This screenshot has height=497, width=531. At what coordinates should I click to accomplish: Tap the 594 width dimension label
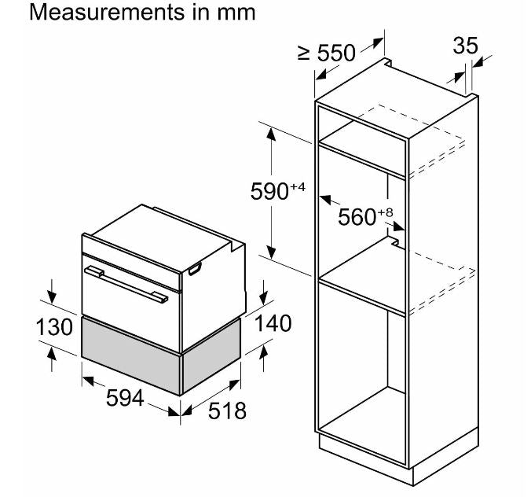point(125,399)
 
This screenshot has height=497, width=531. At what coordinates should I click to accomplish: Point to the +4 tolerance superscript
point(296,186)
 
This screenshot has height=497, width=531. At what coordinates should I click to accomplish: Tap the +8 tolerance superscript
point(384,212)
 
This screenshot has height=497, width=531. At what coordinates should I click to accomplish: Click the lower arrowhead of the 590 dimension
point(271,251)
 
